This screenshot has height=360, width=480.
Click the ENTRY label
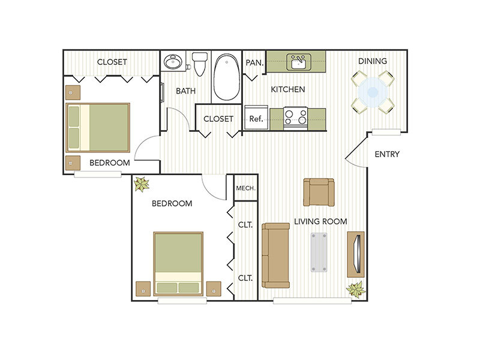tap(387, 154)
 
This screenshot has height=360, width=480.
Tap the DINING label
tap(373, 61)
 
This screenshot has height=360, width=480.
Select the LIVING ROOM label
tap(320, 221)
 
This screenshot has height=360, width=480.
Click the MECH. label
tap(246, 188)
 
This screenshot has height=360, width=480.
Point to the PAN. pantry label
tap(252, 61)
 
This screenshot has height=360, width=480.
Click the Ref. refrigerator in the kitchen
tap(256, 118)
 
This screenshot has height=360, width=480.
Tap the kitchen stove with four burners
tap(295, 116)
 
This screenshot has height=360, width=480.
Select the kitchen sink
tap(297, 61)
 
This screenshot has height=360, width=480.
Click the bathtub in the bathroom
tap(226, 77)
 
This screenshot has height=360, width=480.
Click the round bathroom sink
tap(173, 62)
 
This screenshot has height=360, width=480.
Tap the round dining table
tap(373, 92)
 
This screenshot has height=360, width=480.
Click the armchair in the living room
tap(319, 191)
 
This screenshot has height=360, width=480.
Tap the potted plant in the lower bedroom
tap(142, 184)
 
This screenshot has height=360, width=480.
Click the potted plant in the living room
tap(355, 290)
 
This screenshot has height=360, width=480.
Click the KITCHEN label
tap(288, 89)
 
